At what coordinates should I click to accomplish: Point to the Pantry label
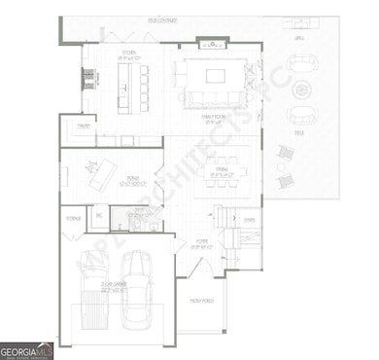pyautogui.click(x=84, y=126)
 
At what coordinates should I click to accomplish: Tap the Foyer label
pyautogui.click(x=201, y=244)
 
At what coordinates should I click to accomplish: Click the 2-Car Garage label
pyautogui.click(x=115, y=288)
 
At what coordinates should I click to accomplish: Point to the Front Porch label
pyautogui.click(x=201, y=303)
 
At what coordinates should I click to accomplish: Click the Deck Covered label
pyautogui.click(x=162, y=18)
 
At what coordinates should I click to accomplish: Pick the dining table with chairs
pyautogui.click(x=223, y=176)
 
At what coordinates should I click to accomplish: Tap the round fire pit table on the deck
pyautogui.click(x=302, y=92)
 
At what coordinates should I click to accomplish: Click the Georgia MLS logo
pyautogui.click(x=27, y=348)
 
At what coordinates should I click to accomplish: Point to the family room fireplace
pyautogui.click(x=211, y=43)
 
